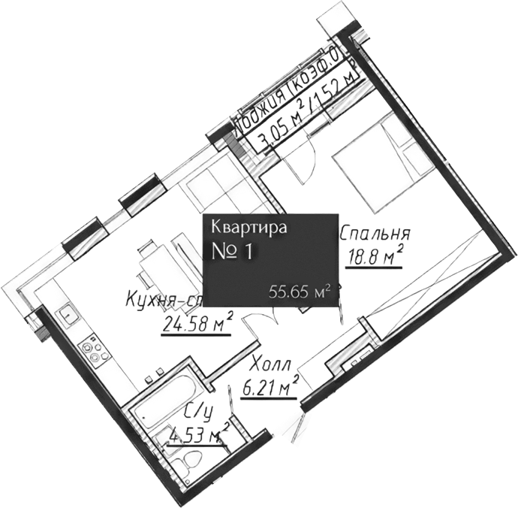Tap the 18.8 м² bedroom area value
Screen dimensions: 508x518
tap(374, 259)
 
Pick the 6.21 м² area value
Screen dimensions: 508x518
tap(270, 389)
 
